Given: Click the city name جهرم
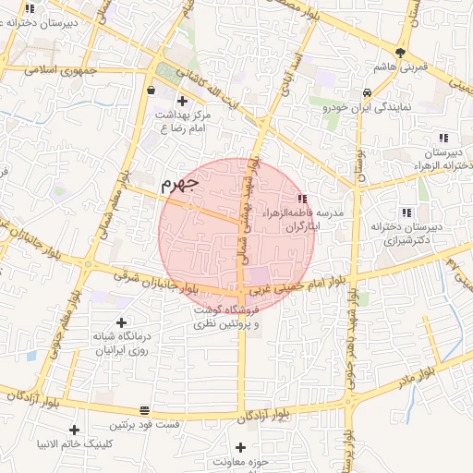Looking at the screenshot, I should pos(180,183).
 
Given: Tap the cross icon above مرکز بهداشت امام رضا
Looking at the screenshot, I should pos(182,100).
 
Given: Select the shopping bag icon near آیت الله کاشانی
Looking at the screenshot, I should pos(151,91).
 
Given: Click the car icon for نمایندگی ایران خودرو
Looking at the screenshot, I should pos(368,92).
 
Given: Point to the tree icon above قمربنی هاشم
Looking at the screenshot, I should pos(400,53).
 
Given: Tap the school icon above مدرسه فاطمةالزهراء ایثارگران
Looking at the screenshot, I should pos(302,199).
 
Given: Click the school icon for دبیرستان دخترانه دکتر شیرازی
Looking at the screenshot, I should pos(407,212).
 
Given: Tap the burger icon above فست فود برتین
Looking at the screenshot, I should pos(144,410).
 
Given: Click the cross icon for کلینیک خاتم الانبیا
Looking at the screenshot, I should pos(74,430).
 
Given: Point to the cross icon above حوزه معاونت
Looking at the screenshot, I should pos(241,447).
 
